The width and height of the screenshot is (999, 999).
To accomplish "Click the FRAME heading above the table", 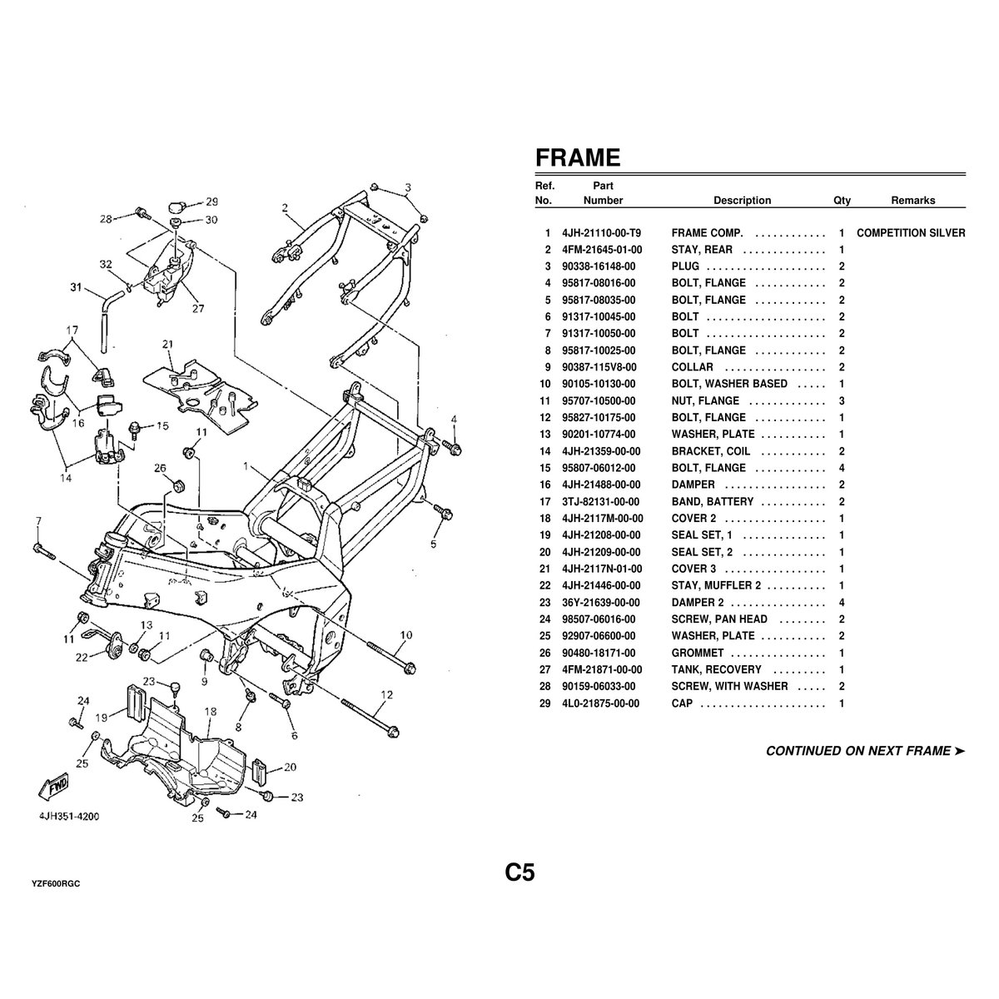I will tap(577, 157).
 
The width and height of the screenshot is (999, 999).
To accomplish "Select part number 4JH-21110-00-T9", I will tap(602, 233).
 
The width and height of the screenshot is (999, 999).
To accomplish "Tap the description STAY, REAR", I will tap(702, 250).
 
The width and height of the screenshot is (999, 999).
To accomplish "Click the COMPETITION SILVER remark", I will tap(911, 233).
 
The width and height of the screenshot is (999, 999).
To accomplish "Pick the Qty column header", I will tap(842, 201).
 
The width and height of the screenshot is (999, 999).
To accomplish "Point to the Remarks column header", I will tap(912, 201).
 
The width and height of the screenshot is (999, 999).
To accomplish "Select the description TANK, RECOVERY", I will tap(716, 669).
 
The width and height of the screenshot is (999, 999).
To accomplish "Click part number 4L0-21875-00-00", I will tap(600, 703).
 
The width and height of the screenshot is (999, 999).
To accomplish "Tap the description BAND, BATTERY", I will tap(712, 502).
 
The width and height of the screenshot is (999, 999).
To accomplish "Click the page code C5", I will tap(519, 872).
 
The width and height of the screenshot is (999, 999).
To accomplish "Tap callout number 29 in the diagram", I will tap(211, 201).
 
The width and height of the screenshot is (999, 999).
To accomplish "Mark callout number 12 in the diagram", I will tap(387, 694).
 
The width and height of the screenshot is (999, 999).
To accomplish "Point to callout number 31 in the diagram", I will tap(76, 289).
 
